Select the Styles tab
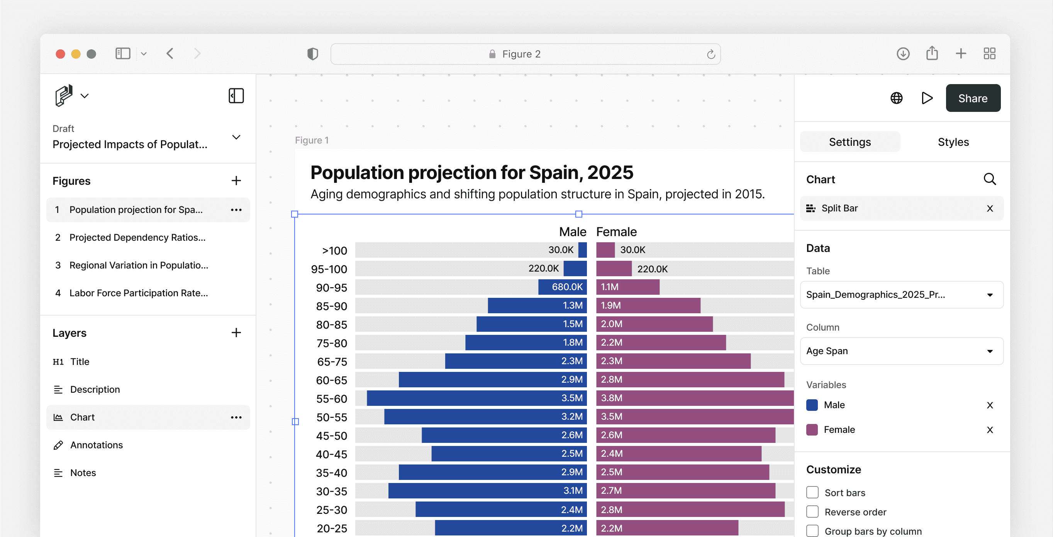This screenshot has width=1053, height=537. point(953,142)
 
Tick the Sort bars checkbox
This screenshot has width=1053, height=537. point(812,492)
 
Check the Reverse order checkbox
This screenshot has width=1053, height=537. point(812,511)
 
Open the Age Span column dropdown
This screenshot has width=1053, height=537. point(901,351)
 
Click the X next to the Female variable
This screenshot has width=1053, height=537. point(990,430)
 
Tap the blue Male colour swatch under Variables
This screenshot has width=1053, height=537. point(812,405)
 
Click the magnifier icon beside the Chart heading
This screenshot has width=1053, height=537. point(989,179)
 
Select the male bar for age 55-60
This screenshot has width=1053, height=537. point(476,398)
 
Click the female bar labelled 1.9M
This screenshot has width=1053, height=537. point(648,305)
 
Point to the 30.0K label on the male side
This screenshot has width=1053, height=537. point(560,250)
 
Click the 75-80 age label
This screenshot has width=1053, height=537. point(332,343)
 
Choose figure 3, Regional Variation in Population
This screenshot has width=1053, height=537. point(139,265)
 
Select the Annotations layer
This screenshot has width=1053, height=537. point(96,445)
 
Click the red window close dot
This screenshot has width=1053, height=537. point(61,54)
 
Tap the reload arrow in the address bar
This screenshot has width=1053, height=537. point(710,54)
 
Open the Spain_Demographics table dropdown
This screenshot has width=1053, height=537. point(901,294)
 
